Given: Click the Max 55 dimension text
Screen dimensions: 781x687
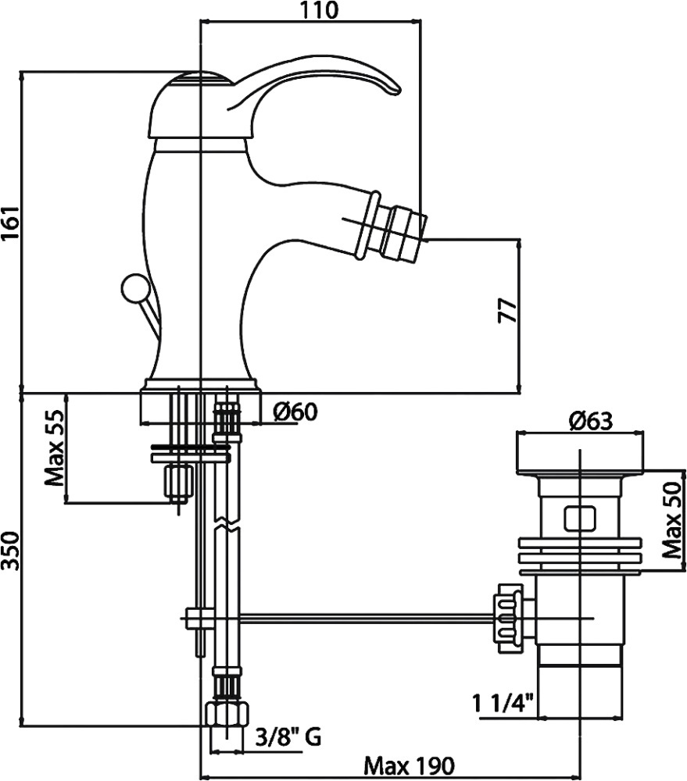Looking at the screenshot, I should (x=54, y=448).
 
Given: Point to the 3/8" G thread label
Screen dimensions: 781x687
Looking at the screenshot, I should (x=288, y=735).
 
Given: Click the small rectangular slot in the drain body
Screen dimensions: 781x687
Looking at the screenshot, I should (x=579, y=517).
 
